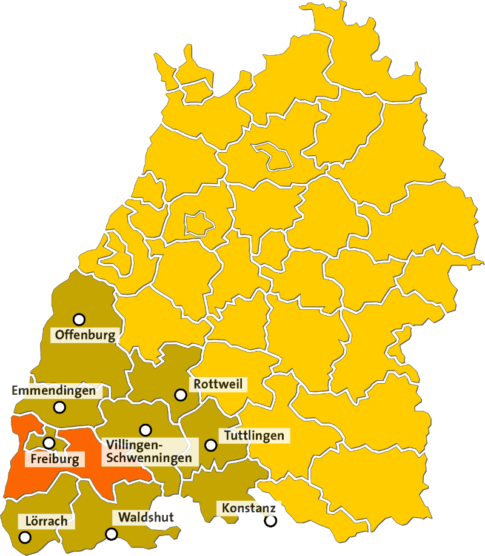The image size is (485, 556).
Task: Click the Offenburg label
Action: coord(84,335)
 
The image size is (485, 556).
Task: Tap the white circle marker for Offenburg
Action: coord(79,320)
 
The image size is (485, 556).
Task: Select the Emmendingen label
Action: coord(54,391)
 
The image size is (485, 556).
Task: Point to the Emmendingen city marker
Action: coord(59,407)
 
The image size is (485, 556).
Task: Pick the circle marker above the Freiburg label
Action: coord(49,443)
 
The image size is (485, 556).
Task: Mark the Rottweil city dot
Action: coord(180,395)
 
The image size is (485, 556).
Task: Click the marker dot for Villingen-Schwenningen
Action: coord(145,430)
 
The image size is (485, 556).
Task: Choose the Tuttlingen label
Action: coord(254,435)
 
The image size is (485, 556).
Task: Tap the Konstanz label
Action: coord(249,507)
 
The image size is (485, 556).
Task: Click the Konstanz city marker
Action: coord(270,520)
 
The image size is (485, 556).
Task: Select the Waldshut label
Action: coord(146,517)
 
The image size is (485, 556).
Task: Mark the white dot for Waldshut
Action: coord(112,534)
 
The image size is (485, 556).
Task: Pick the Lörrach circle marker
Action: coord(25,537)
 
